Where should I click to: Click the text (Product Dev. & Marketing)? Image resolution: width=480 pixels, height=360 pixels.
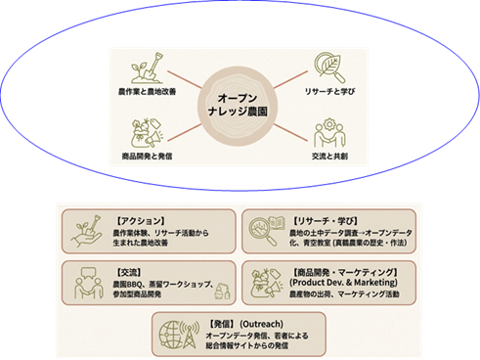point(335,282)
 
